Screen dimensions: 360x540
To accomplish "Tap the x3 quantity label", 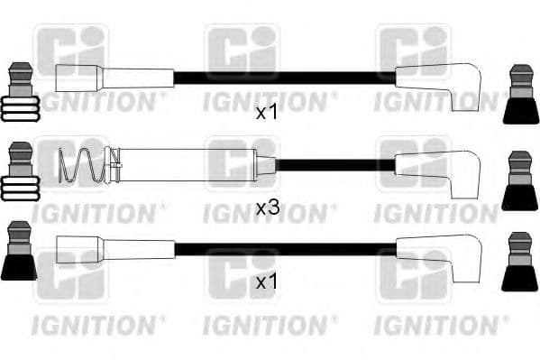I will [268, 208].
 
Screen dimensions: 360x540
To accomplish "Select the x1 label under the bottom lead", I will [266, 282].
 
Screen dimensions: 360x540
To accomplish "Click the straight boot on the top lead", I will [112, 77].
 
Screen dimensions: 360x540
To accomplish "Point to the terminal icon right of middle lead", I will [520, 180].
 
